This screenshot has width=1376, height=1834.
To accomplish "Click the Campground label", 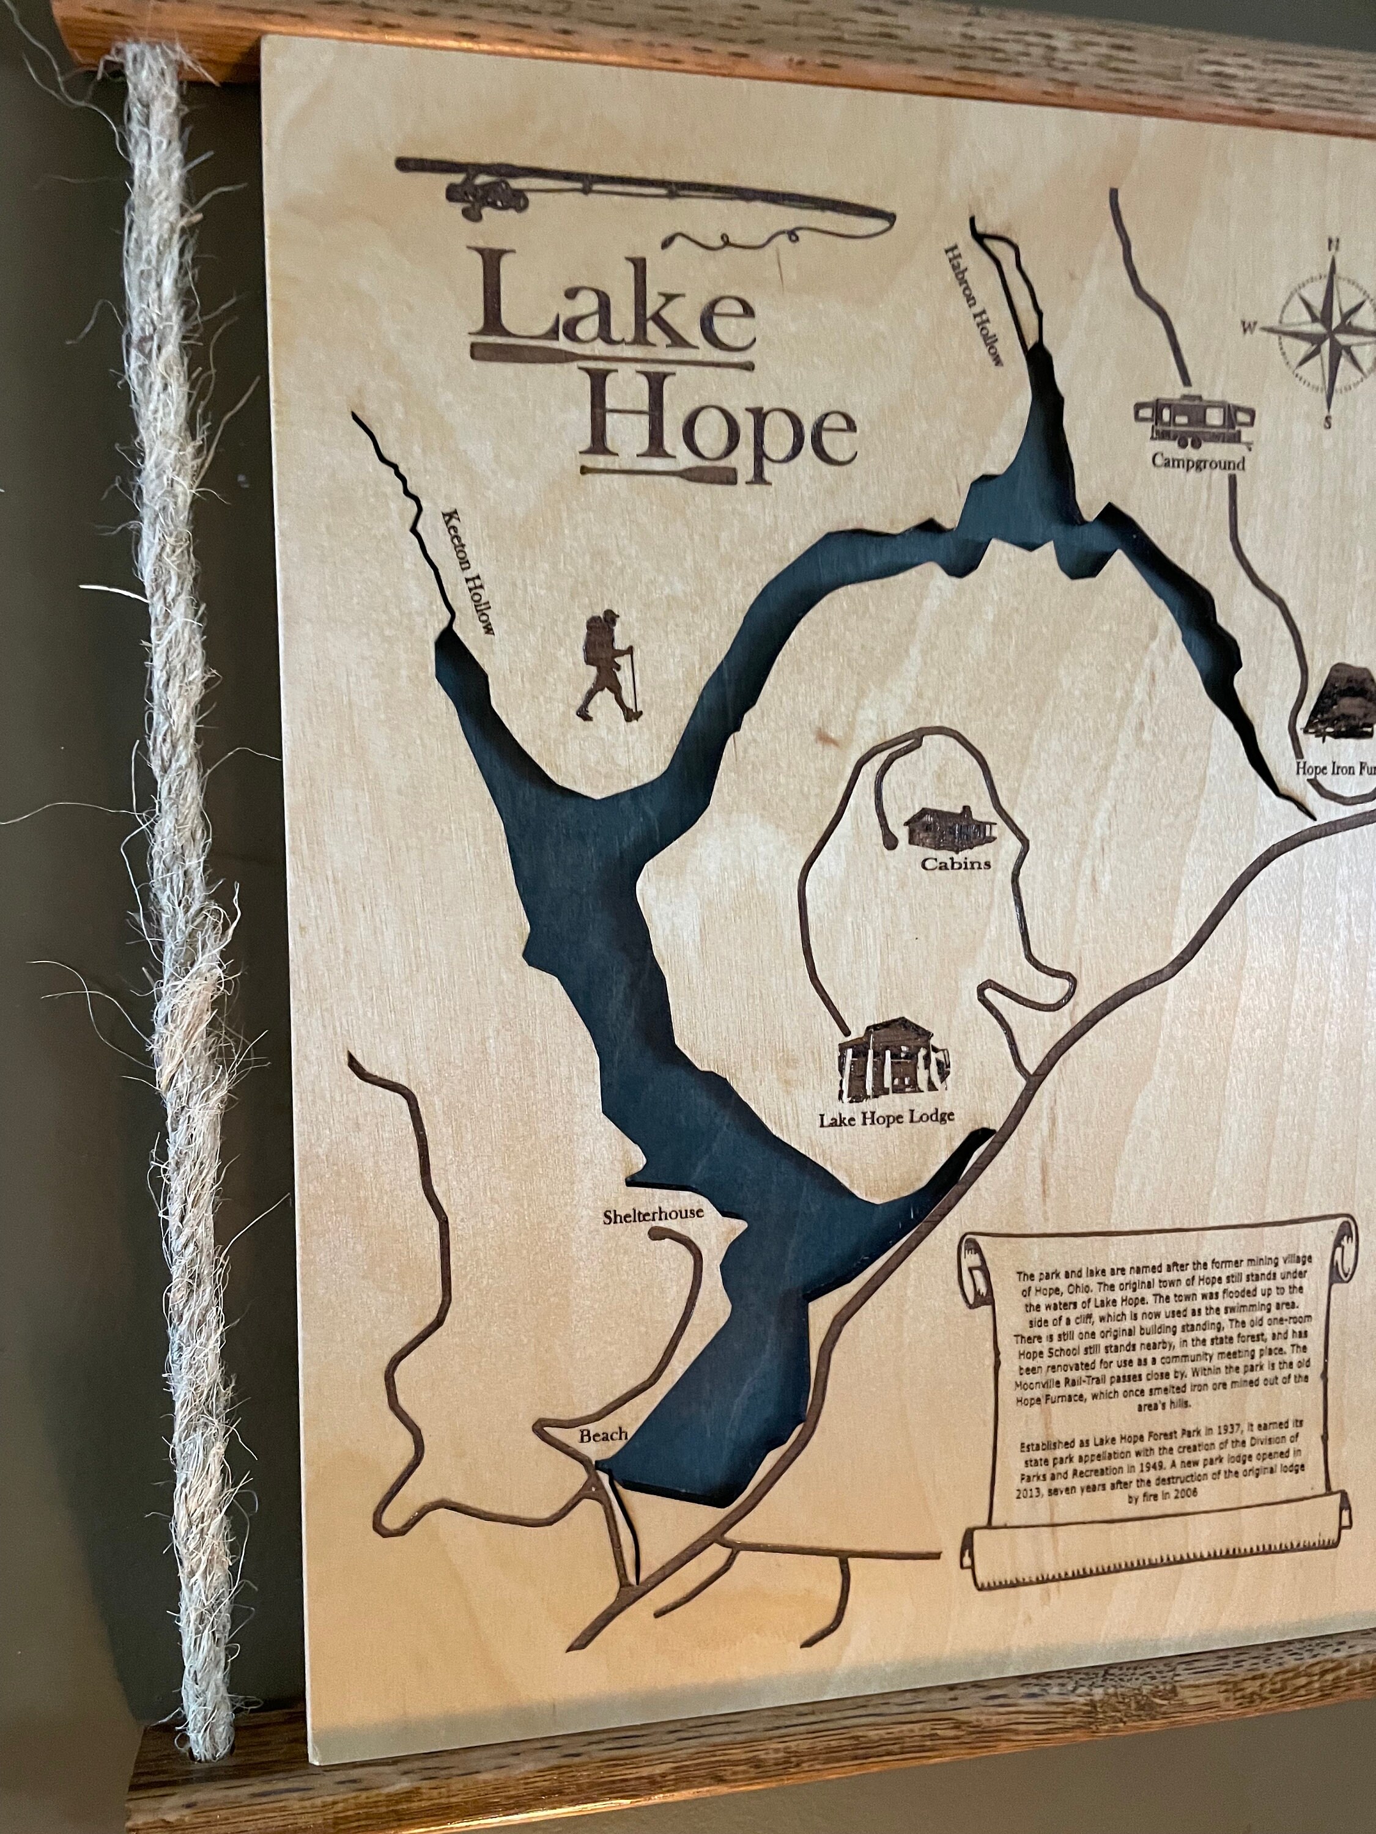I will pos(1197,462).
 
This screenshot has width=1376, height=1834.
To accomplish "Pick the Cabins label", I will pos(955,864).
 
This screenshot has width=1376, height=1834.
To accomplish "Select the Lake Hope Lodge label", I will pos(886,1118).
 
